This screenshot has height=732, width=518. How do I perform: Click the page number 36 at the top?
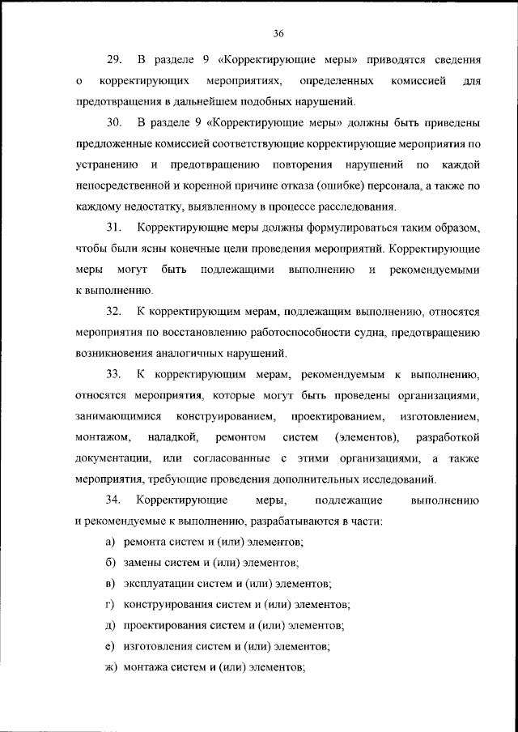[x=278, y=33]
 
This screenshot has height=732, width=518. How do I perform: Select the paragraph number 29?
[x=113, y=60]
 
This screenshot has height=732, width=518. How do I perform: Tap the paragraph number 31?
[x=113, y=225]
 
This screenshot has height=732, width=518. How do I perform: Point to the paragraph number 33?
[x=113, y=374]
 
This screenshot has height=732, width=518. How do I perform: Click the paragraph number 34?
[x=113, y=500]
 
